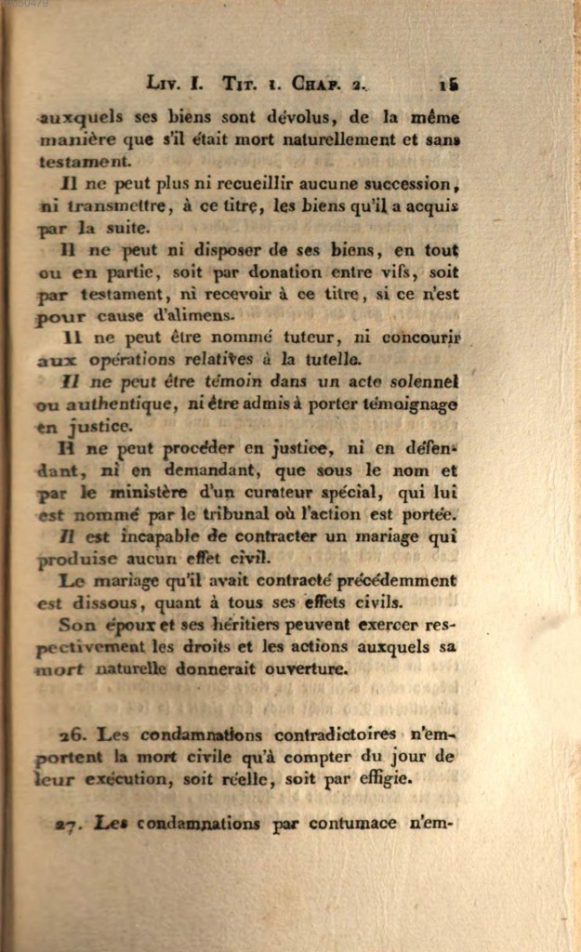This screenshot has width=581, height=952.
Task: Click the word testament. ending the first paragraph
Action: point(85,161)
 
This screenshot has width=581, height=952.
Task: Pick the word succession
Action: point(407,183)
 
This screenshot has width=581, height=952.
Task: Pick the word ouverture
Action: point(306,668)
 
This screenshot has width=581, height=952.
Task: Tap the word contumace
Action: point(352,824)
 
